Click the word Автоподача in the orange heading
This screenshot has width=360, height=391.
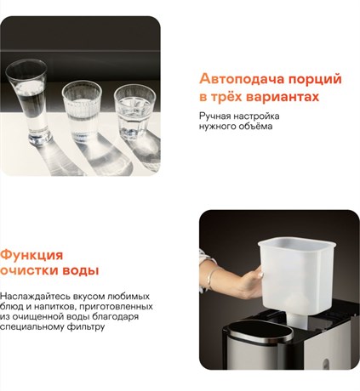[242, 79]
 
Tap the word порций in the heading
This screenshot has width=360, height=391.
[315, 80]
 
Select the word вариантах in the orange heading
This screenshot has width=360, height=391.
[283, 97]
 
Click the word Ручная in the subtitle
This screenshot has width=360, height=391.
[214, 116]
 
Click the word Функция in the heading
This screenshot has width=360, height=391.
[31, 256]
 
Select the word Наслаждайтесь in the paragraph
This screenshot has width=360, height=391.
[35, 297]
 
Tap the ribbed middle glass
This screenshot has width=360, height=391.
[82, 111]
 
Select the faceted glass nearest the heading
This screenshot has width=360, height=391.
[134, 113]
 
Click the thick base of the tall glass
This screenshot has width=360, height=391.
[40, 139]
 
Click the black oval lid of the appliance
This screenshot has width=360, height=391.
[260, 331]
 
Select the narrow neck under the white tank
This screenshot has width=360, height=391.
[297, 320]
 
